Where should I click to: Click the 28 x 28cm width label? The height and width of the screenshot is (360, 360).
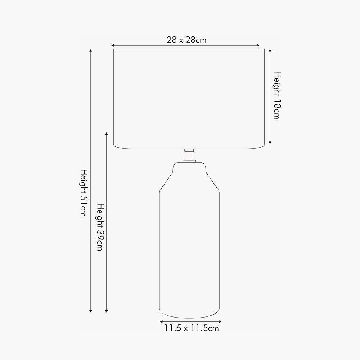[186, 40]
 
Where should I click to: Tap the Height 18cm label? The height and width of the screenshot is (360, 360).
[277, 96]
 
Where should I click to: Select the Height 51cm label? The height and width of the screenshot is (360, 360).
[84, 193]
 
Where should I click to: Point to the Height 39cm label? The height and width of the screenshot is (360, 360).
[100, 227]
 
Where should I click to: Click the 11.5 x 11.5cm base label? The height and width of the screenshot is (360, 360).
[192, 328]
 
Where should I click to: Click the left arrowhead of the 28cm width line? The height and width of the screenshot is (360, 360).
[113, 45]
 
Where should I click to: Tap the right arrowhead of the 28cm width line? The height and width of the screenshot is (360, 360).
[258, 45]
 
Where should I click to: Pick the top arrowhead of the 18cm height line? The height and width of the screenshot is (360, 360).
[270, 50]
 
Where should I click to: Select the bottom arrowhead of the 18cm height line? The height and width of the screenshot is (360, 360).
[270, 143]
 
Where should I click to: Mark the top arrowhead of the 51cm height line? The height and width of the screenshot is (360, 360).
[91, 51]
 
